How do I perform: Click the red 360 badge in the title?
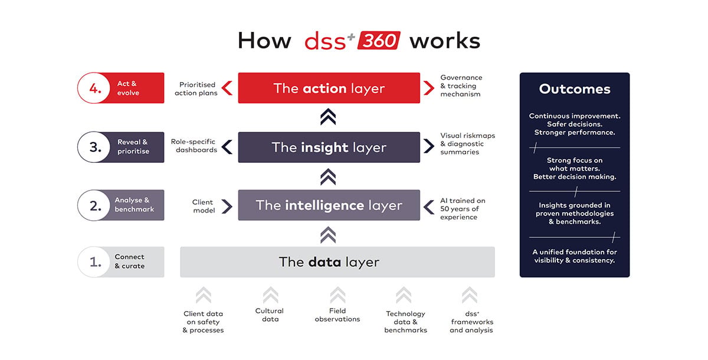click(x=379, y=41)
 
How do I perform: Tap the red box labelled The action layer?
click(x=329, y=88)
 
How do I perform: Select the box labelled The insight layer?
click(x=329, y=148)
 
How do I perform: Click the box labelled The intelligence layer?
click(x=329, y=205)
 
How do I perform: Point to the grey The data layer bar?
click(x=337, y=262)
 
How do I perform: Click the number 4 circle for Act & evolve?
click(x=94, y=88)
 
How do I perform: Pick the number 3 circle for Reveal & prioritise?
click(x=94, y=148)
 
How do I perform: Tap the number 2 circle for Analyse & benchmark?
click(x=94, y=205)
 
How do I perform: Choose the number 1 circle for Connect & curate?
click(x=94, y=262)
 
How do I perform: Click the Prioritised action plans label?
click(x=196, y=89)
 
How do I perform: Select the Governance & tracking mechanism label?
click(x=461, y=86)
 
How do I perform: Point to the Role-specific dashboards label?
click(x=194, y=146)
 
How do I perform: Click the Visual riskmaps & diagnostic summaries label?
click(x=467, y=144)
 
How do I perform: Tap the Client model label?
click(x=203, y=206)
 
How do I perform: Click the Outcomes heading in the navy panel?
click(x=575, y=89)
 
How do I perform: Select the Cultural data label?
click(x=270, y=315)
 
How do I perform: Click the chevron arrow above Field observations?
click(x=337, y=295)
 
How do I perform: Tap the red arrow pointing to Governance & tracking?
click(x=428, y=88)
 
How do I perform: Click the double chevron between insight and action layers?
click(x=328, y=117)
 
